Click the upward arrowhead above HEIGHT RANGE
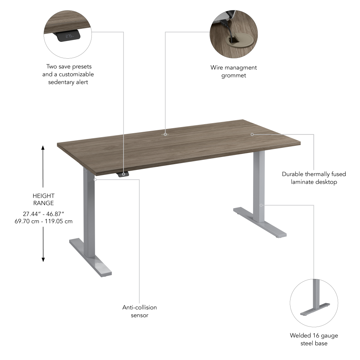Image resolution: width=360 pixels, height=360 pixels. tap(43, 148)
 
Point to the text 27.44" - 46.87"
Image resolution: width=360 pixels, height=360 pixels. tap(43, 213)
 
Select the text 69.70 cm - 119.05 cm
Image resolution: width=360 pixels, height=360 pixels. tap(43, 221)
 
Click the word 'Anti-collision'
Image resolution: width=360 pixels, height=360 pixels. tap(139, 307)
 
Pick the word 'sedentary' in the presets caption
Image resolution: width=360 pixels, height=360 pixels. tap(60, 82)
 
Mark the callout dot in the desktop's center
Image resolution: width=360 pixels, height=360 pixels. tap(165, 134)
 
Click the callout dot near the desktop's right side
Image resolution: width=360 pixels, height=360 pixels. tap(252, 134)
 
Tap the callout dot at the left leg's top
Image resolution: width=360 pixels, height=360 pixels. tap(95, 179)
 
